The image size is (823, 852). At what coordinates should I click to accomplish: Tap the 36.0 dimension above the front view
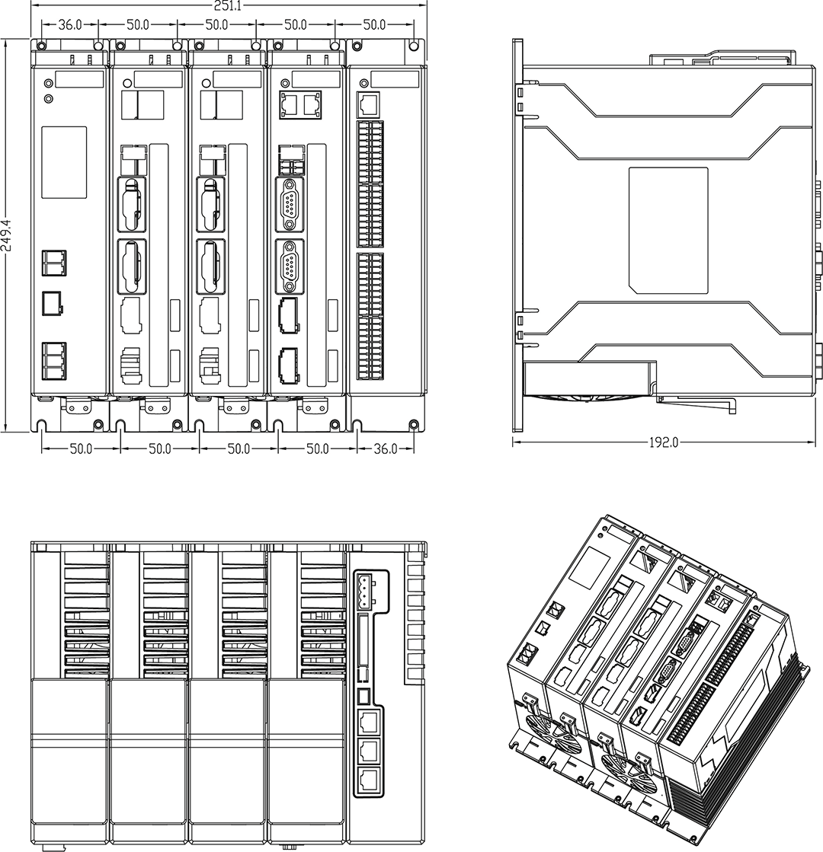[x=70, y=24]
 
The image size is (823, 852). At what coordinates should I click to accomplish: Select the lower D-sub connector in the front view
[x=289, y=266]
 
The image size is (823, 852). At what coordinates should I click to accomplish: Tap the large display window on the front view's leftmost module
[x=63, y=162]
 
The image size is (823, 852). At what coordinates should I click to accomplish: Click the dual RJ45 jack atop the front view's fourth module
[x=298, y=104]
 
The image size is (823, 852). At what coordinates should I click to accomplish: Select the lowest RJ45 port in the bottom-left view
[x=368, y=778]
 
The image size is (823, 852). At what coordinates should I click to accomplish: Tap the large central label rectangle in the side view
[x=668, y=230]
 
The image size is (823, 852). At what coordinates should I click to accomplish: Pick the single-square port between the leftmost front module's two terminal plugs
[x=52, y=303]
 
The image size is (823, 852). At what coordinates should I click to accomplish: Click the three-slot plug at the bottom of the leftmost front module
[x=53, y=360]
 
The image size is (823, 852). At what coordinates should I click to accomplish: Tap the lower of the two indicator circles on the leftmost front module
[x=49, y=98]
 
